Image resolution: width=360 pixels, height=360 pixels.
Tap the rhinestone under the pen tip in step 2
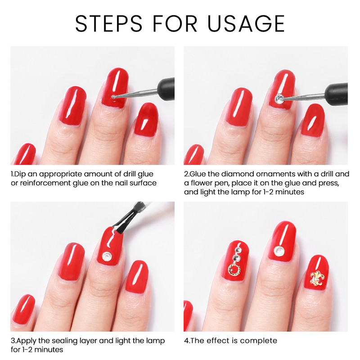[279, 96]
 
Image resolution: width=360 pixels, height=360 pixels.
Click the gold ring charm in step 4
[234, 270]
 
